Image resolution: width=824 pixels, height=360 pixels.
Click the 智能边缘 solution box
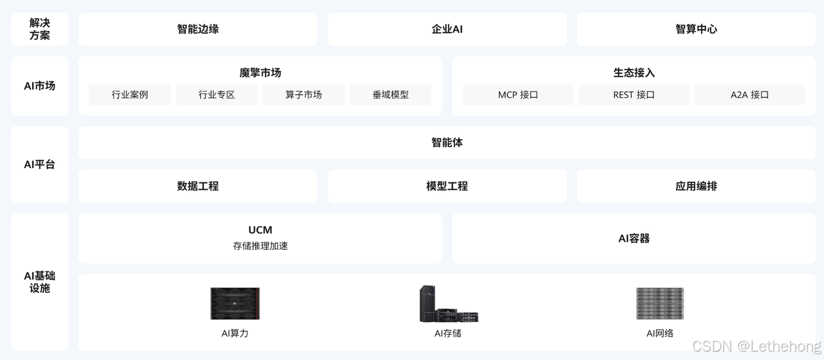tap(198, 29)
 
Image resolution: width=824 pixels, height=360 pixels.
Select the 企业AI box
tap(447, 29)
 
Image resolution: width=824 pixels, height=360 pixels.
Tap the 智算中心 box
tap(696, 29)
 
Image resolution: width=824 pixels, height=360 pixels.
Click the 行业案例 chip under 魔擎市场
tap(130, 95)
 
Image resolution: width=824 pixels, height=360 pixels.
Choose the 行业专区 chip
tap(217, 95)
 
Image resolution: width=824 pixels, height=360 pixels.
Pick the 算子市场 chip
tap(304, 95)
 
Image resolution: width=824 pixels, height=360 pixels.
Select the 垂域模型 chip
tap(391, 95)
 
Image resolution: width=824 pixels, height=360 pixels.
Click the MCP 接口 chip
tap(518, 95)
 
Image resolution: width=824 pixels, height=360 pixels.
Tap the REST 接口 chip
tap(634, 95)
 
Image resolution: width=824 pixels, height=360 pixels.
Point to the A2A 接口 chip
tap(750, 95)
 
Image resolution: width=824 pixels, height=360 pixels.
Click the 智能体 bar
tap(447, 142)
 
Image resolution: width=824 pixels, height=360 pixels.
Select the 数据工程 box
tap(198, 186)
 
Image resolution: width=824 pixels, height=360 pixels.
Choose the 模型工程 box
tap(447, 186)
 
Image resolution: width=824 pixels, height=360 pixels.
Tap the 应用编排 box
tap(696, 186)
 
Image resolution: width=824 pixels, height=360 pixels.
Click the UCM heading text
tap(260, 230)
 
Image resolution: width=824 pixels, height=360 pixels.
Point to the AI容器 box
tap(634, 238)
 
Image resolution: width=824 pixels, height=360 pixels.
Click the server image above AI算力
tap(235, 303)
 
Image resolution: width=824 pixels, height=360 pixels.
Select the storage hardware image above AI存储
tap(448, 304)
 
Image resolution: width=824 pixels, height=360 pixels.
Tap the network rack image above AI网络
tap(660, 303)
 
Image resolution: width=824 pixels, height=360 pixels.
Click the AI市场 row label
tap(39, 86)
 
